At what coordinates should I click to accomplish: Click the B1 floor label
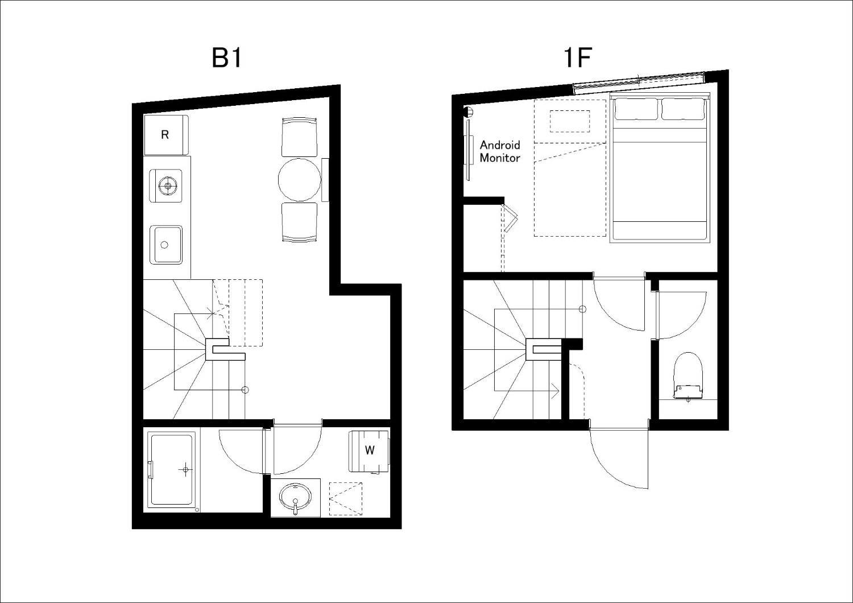[227, 58]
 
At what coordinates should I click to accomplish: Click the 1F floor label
[577, 58]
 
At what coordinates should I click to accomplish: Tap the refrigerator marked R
[167, 135]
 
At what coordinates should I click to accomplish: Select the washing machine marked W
[370, 451]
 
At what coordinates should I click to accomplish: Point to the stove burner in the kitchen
[168, 186]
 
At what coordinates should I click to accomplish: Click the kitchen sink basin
[165, 245]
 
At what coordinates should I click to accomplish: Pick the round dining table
[299, 180]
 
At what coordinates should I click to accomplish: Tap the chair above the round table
[299, 137]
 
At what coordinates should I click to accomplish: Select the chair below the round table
[299, 222]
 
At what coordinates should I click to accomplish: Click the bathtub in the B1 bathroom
[171, 470]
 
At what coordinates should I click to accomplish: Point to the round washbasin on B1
[295, 497]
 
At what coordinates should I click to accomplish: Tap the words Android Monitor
[500, 151]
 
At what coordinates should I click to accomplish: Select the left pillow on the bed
[636, 109]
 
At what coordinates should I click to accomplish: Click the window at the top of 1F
[639, 81]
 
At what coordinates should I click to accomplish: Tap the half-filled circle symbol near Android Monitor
[468, 112]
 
